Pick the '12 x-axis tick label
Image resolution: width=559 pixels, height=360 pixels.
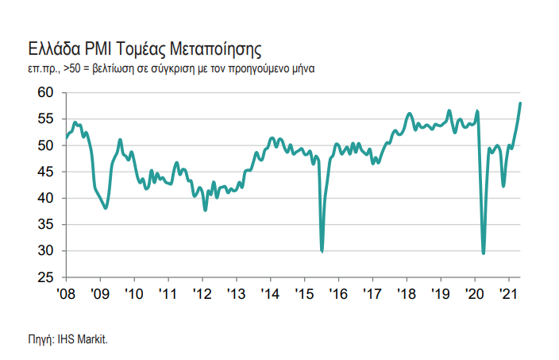coord(202,293)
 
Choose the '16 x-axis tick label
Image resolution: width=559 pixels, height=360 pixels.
coord(338,293)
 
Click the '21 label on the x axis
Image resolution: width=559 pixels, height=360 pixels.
coord(508,293)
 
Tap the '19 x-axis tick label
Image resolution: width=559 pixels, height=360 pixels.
coord(441,293)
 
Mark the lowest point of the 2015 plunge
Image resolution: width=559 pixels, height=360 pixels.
coord(322,251)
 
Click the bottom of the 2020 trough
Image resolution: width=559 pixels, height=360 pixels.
coord(484,254)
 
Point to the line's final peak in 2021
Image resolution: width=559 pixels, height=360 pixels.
coord(520,103)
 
